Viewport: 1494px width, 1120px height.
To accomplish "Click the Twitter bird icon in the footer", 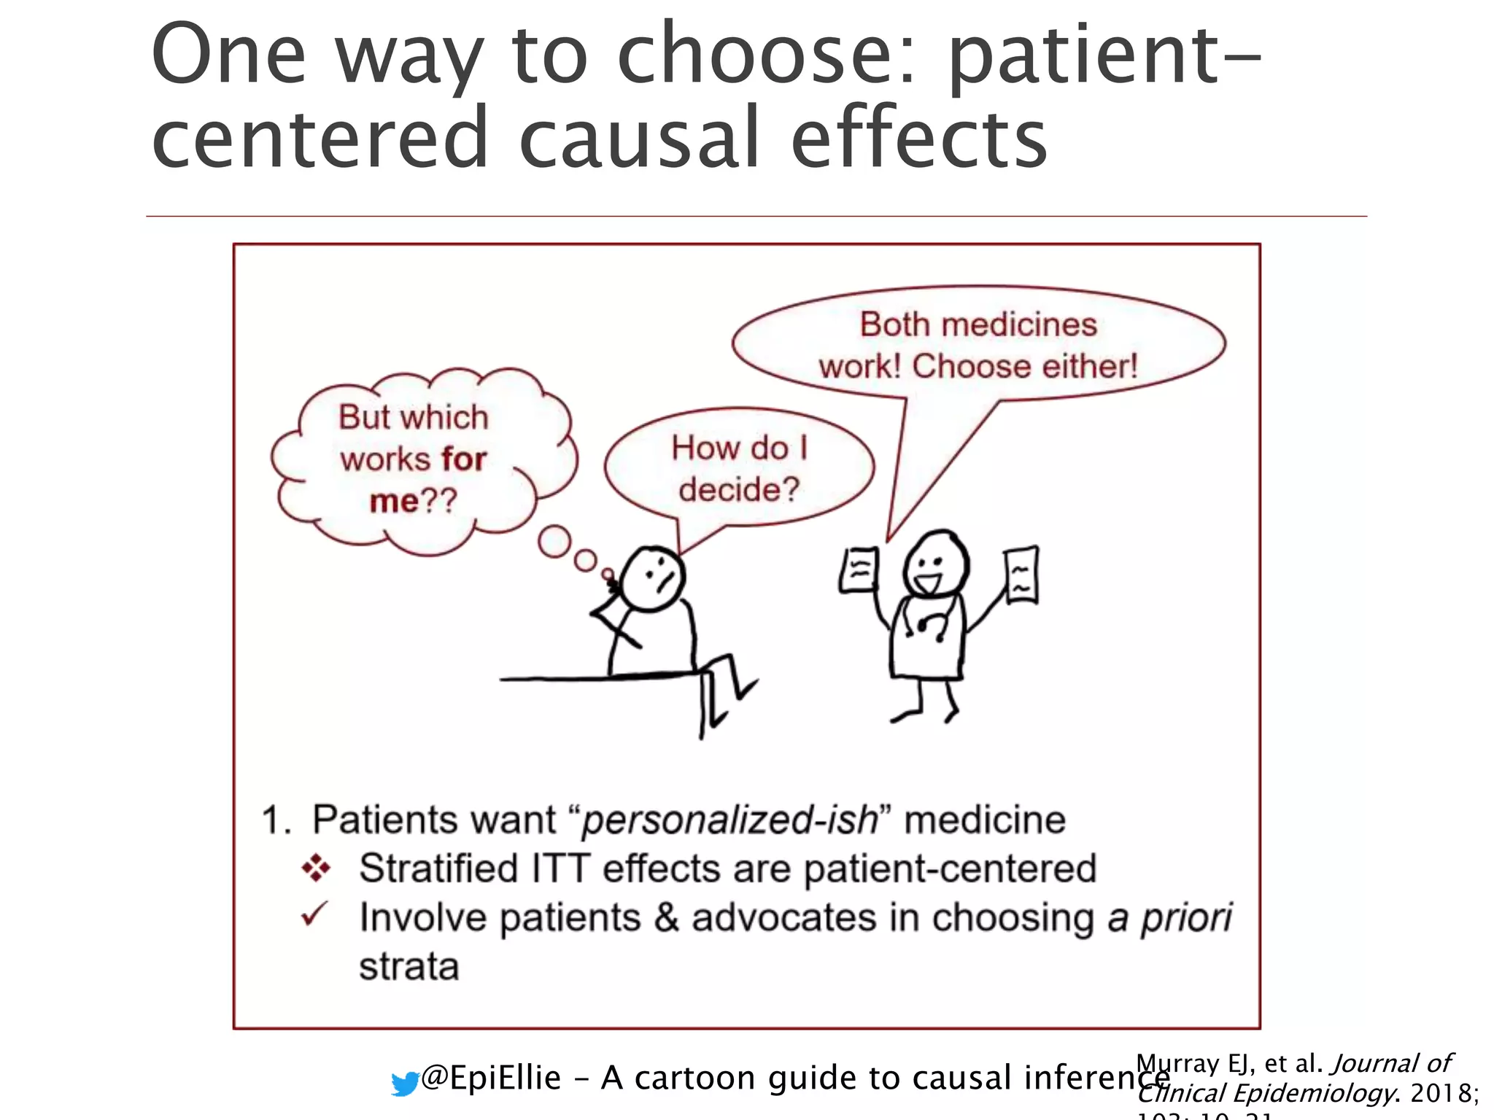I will point(405,1084).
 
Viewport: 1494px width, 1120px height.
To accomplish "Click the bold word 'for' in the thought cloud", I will point(464,459).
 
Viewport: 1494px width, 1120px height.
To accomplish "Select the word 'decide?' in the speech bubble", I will point(739,489).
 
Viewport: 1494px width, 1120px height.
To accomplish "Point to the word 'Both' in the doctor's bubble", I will point(894,324).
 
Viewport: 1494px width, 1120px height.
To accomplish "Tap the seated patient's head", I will point(654,578).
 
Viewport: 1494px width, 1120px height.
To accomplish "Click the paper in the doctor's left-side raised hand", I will point(858,570).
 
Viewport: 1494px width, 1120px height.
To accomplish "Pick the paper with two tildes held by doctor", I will point(1021,575).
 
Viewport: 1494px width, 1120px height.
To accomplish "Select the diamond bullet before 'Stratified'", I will point(316,868).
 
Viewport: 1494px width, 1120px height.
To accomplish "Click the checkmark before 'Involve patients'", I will point(314,915).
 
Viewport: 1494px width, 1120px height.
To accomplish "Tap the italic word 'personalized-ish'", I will point(729,820).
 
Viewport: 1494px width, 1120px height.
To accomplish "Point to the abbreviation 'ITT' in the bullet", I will point(561,868).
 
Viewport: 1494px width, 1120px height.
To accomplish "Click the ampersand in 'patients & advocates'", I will point(666,917).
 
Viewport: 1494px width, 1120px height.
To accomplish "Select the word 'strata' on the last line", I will point(409,967).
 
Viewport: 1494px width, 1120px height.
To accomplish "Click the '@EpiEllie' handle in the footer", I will point(491,1078).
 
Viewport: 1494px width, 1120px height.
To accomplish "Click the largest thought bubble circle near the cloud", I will point(554,542).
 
